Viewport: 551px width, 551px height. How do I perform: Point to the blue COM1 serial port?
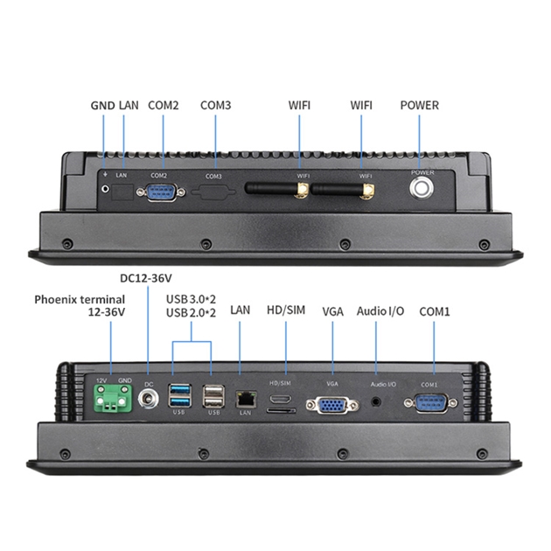tap(429, 402)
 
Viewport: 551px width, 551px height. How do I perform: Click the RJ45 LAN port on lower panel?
tap(245, 399)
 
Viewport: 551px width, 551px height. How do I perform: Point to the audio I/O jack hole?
tap(377, 403)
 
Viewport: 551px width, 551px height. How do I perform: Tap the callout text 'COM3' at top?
tap(215, 105)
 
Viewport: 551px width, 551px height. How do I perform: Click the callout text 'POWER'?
tap(419, 105)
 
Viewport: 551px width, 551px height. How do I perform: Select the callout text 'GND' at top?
tap(101, 105)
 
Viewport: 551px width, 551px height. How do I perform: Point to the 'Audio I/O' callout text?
tap(380, 310)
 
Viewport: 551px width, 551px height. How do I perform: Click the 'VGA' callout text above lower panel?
tap(332, 310)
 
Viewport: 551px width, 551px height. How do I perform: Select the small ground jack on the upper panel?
tap(107, 187)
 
